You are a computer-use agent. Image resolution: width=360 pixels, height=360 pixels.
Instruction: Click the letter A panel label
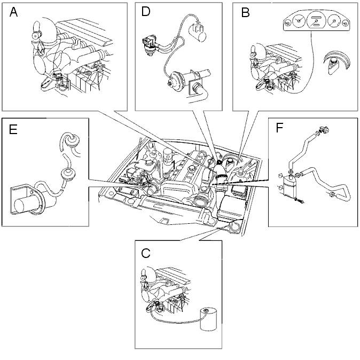13,12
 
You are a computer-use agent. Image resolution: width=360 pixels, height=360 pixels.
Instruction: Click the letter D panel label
146,11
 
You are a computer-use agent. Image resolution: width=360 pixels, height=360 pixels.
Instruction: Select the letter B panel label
246,13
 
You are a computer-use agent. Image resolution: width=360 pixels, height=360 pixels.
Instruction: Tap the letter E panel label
13,130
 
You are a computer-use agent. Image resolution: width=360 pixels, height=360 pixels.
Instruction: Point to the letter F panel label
279,128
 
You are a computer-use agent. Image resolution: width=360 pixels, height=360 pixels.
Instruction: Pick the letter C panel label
146,254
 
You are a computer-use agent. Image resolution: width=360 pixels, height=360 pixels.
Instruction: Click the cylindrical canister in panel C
208,319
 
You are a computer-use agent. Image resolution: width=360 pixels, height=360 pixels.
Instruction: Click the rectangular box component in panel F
289,185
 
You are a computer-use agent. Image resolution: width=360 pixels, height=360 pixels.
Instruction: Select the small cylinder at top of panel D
198,32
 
